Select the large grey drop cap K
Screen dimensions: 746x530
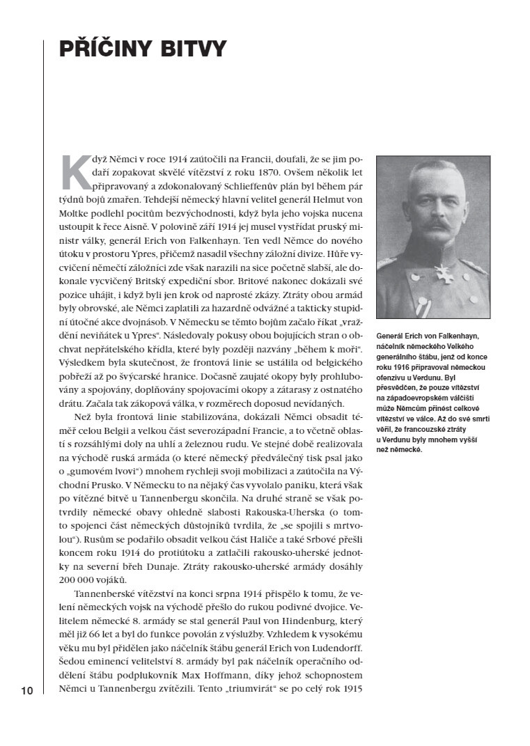click(x=75, y=171)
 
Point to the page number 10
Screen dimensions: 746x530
click(x=27, y=691)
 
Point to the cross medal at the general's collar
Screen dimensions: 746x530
click(x=439, y=272)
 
